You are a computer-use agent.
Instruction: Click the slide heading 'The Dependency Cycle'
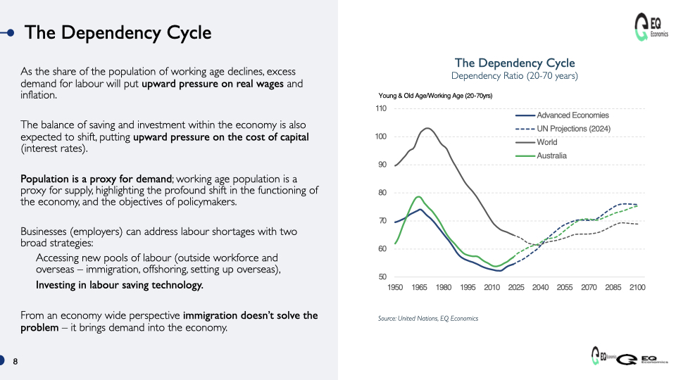[x=118, y=33]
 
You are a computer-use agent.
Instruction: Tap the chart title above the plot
[x=515, y=63]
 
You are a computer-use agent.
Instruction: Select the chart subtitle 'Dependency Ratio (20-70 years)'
[x=514, y=76]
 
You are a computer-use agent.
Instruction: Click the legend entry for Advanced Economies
[x=562, y=115]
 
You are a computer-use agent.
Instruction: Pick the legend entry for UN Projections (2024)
[x=563, y=128]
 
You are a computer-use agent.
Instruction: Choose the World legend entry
[x=537, y=142]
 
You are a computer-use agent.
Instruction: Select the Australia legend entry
[x=541, y=156]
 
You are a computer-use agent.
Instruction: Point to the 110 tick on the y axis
[x=381, y=108]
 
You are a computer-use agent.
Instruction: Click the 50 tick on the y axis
[x=382, y=277]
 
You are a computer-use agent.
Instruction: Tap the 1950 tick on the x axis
[x=395, y=287]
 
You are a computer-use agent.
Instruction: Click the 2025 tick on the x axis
[x=516, y=287]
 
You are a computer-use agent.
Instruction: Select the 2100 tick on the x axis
[x=637, y=287]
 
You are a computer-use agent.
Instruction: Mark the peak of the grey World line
[x=427, y=128]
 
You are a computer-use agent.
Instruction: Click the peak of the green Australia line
[x=418, y=196]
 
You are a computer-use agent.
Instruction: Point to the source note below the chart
[x=428, y=318]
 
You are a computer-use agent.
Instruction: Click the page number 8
[x=15, y=362]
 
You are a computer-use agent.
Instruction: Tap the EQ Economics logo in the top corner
[x=651, y=27]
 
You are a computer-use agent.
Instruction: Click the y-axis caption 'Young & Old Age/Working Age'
[x=421, y=96]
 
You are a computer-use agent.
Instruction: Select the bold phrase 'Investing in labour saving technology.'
[x=120, y=285]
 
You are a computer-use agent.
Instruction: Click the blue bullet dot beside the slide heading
[x=11, y=33]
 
